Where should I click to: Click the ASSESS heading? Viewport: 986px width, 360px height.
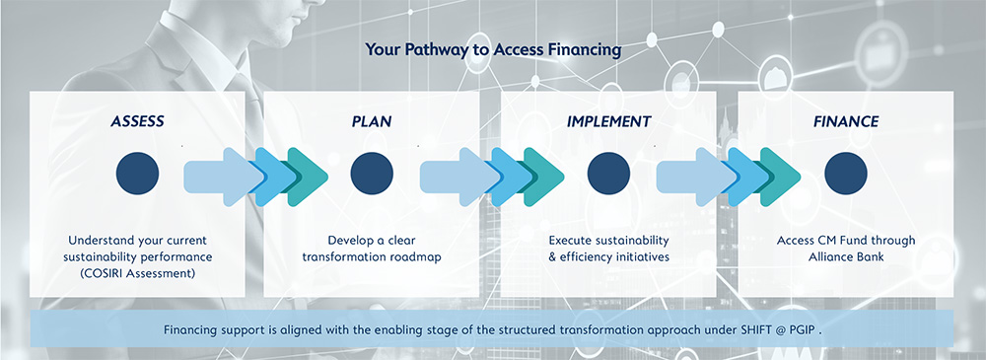(137, 121)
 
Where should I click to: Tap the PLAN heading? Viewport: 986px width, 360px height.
(372, 121)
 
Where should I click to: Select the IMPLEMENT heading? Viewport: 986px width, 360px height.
(608, 121)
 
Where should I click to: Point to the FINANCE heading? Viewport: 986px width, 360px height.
(846, 121)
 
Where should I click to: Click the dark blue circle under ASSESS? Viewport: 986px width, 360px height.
(137, 173)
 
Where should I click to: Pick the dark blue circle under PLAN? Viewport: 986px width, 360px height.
(372, 173)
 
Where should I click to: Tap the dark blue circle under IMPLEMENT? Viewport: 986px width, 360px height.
(608, 173)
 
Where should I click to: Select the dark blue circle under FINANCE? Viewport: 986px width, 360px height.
(846, 173)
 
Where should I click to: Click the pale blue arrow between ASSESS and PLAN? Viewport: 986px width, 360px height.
(220, 177)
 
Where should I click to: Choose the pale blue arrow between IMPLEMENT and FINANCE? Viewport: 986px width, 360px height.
(693, 177)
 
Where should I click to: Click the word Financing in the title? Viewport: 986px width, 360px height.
(588, 49)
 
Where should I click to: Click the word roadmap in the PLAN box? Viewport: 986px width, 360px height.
(416, 256)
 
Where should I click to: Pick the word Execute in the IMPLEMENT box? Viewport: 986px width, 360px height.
(570, 241)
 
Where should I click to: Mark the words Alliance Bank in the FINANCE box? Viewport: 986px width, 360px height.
(846, 256)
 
